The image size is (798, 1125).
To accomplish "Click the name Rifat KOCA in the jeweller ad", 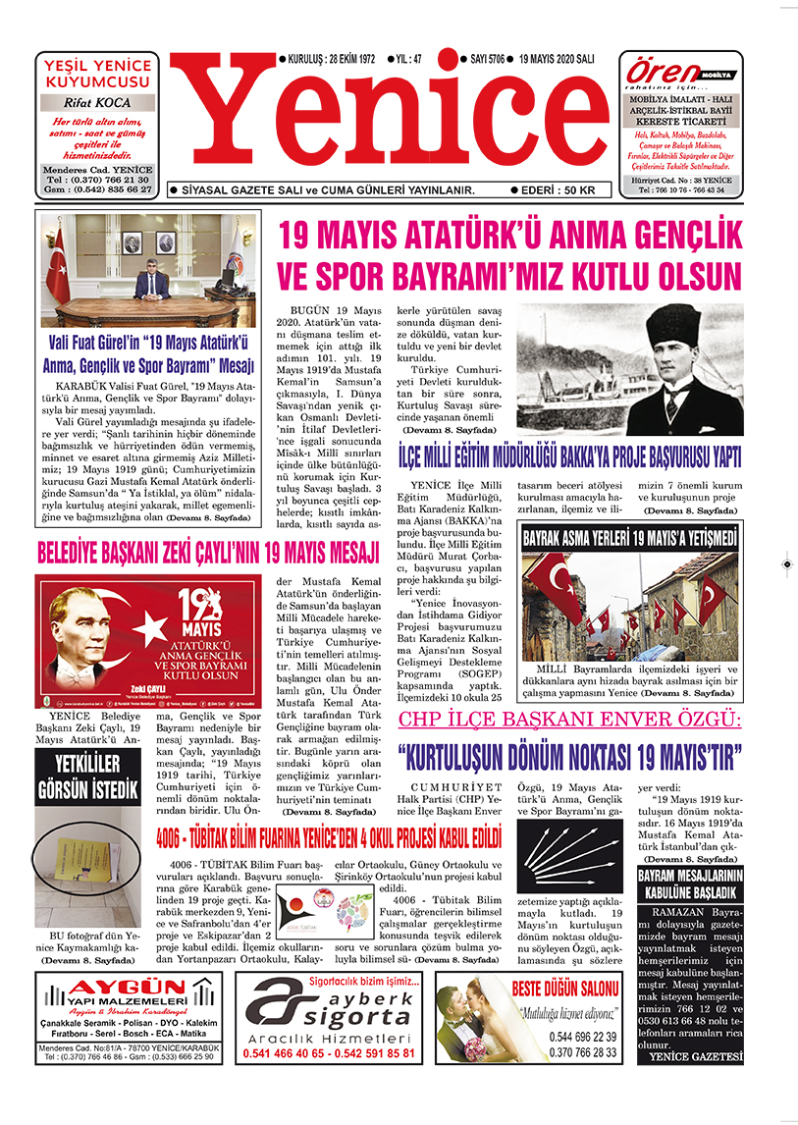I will click(x=96, y=101).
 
